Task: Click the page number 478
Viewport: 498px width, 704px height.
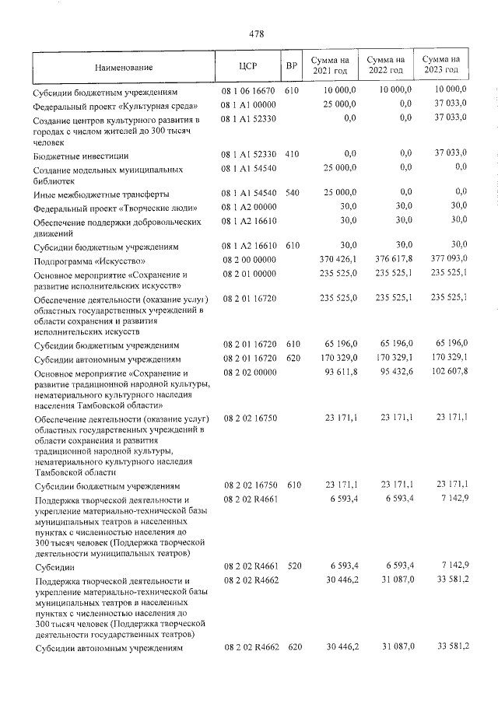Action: [257, 33]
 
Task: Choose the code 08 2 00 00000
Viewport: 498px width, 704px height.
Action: [249, 261]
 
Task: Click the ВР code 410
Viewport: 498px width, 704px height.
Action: [292, 156]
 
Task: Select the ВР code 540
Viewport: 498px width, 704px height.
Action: [292, 193]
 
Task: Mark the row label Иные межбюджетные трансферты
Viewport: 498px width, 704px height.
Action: [100, 194]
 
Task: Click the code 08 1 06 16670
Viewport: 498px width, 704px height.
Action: [248, 92]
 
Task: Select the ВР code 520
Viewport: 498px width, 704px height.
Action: [293, 569]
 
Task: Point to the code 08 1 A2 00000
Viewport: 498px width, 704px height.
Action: [249, 208]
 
